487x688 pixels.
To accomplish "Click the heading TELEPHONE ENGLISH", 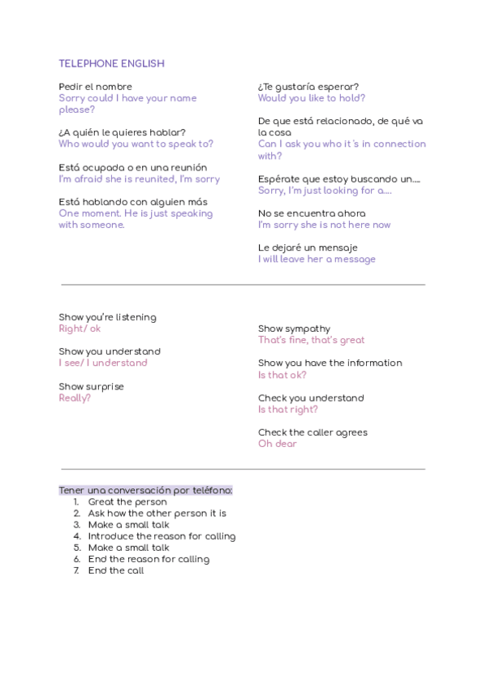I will tap(111, 63).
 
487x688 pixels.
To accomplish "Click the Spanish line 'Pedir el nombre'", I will tap(95, 87).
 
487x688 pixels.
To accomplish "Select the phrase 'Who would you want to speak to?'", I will tap(136, 144).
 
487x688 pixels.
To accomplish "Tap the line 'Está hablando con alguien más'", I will tap(132, 202).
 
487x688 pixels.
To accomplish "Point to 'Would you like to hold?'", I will tap(312, 98).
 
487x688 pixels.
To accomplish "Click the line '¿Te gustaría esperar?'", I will tap(308, 87).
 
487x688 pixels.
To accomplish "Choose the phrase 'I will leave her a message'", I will tap(317, 260).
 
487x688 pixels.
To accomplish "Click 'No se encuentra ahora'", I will tap(312, 213).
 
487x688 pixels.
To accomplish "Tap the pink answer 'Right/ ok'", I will tap(80, 329).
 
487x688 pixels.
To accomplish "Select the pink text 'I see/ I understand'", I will tap(103, 363).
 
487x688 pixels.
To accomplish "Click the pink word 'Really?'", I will tap(75, 398).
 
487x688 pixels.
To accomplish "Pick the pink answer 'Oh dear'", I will tap(278, 444).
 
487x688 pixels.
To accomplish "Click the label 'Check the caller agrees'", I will tap(312, 432).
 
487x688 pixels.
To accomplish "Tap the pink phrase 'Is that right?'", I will tap(288, 410).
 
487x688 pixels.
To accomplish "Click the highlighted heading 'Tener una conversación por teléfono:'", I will tap(145, 490).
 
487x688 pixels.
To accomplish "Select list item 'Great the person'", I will tap(127, 502).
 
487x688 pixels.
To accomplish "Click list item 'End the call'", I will tap(116, 570).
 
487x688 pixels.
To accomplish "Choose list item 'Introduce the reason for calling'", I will tap(162, 536).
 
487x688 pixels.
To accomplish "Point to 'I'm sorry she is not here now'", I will tap(324, 225).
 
